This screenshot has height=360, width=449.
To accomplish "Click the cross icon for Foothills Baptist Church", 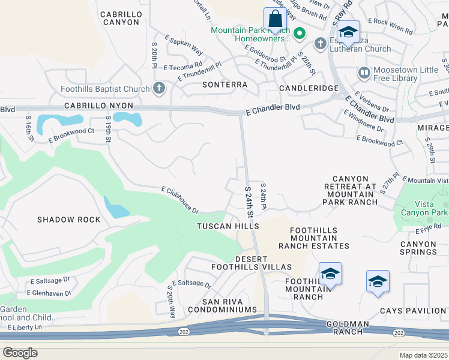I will click(158, 89).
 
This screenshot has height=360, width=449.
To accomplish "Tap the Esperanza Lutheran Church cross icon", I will click(320, 43).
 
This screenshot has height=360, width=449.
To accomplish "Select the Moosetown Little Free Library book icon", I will click(364, 73).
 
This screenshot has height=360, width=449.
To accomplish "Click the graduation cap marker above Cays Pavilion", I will click(378, 281).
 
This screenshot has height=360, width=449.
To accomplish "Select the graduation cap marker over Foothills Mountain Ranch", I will click(330, 274).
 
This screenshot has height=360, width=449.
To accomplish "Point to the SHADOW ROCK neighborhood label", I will click(69, 220).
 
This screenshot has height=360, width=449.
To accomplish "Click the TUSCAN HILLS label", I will click(229, 226).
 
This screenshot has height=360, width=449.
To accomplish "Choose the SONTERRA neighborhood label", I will click(224, 85).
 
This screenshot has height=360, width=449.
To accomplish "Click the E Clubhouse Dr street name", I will click(180, 199).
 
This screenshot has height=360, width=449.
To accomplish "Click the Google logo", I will click(20, 352).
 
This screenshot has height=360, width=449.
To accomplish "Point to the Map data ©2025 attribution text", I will click(424, 355).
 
